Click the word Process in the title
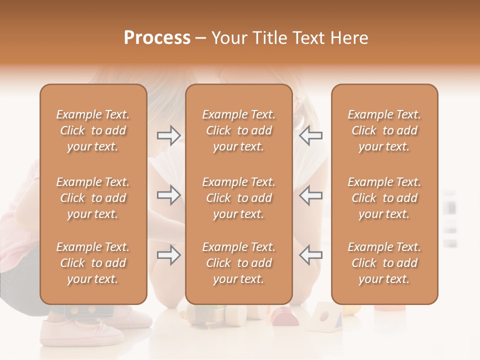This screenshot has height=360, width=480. (157, 38)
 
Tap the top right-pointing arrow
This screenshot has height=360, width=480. (168, 135)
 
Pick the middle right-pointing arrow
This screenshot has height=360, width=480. (168, 195)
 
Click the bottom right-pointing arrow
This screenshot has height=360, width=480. (168, 255)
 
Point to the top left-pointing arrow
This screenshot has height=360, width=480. (310, 135)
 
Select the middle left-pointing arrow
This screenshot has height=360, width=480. (310, 195)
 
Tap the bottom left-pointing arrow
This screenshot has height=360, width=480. (310, 255)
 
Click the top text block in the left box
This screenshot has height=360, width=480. (93, 130)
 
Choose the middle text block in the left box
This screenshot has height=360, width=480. (93, 198)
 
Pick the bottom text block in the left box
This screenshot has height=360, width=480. (93, 263)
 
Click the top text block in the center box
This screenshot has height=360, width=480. (238, 130)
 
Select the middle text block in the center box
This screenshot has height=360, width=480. (238, 198)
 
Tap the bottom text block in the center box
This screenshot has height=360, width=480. (238, 263)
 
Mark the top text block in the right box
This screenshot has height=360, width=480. (384, 130)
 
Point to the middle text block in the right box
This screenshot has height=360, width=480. (384, 198)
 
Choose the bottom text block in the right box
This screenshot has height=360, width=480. (384, 263)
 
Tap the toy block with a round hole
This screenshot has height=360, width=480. (324, 317)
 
